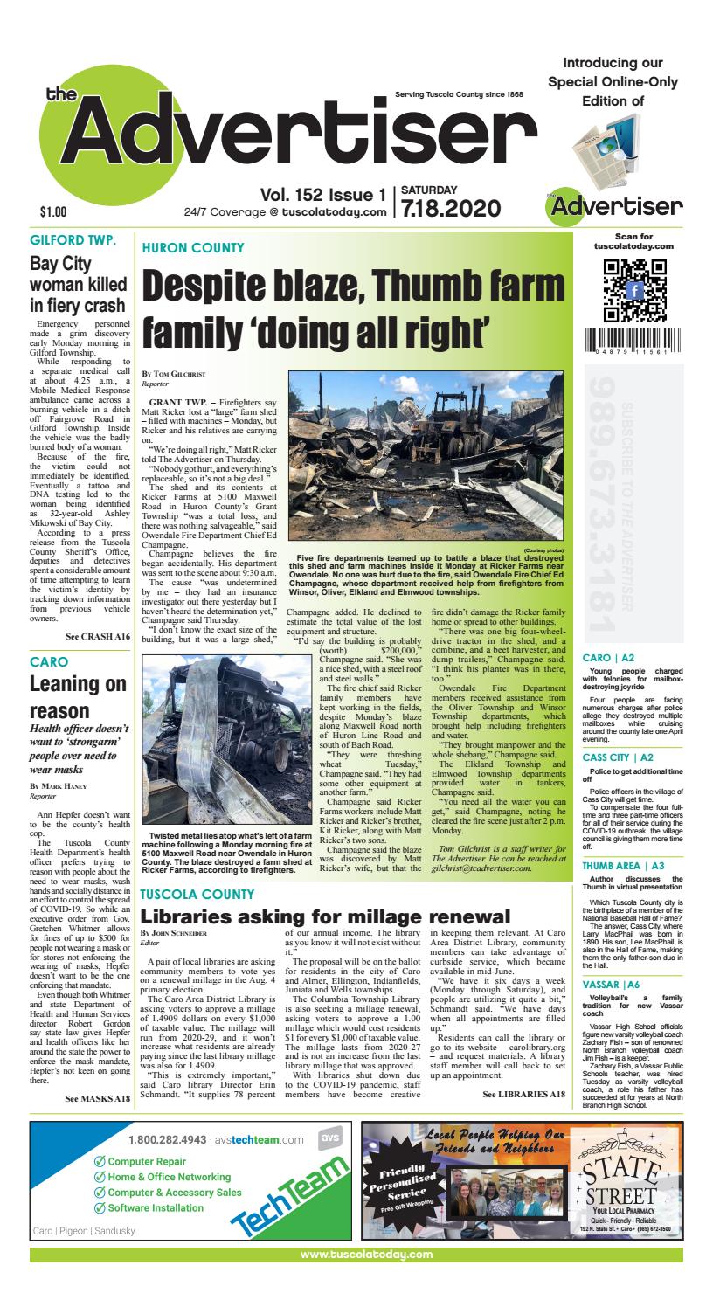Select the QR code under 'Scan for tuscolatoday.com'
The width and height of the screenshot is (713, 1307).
[635, 291]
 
